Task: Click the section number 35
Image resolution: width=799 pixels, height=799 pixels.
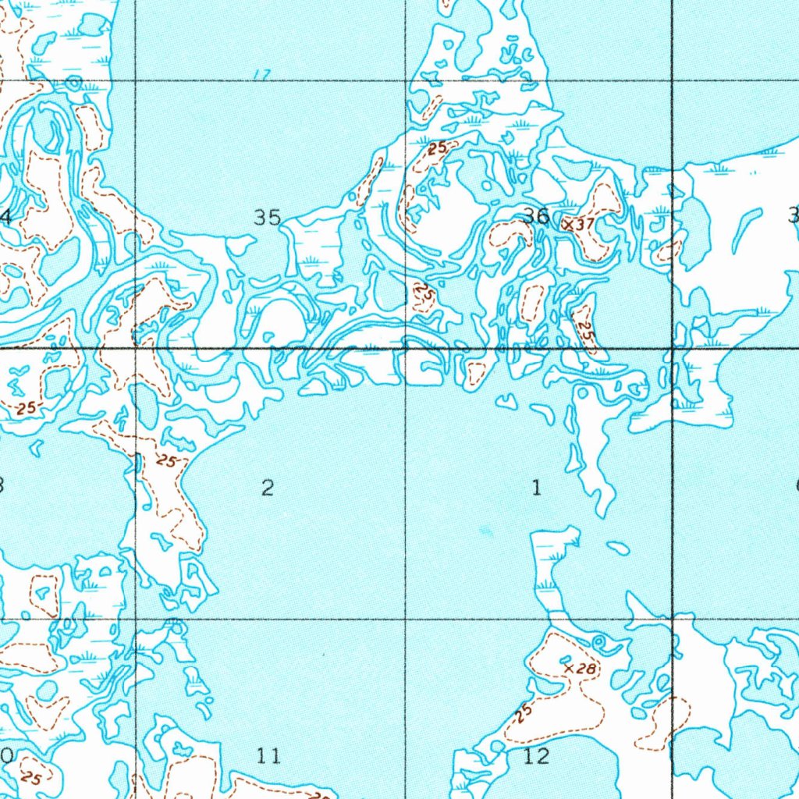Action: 268,217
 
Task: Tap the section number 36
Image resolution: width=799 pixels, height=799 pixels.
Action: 536,216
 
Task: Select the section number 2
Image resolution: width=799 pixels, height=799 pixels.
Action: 268,488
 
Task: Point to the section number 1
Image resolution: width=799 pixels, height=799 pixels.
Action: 536,488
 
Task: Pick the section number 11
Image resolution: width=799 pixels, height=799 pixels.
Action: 268,755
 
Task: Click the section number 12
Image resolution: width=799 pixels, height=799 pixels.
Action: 536,755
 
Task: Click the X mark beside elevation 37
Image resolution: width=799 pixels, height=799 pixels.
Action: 568,223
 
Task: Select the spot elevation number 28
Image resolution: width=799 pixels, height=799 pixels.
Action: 587,669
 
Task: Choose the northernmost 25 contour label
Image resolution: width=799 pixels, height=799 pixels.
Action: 438,147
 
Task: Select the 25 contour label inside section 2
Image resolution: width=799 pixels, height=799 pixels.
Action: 165,461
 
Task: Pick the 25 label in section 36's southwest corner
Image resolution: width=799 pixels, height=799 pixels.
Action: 424,295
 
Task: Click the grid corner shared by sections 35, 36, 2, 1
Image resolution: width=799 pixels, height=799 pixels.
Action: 405,348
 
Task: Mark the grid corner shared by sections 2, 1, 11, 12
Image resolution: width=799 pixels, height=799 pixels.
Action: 406,620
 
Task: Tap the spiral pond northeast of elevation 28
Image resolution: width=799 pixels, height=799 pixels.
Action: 599,642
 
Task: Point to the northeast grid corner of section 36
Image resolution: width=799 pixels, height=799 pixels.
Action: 673,80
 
